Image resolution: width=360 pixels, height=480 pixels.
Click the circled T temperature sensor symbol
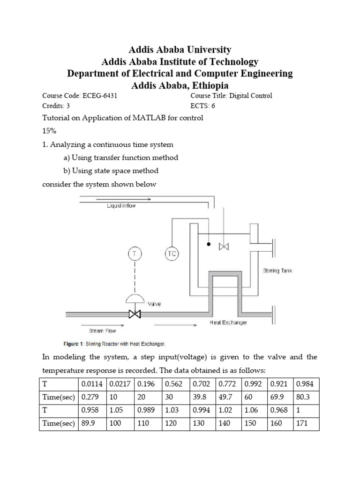pos(135,254)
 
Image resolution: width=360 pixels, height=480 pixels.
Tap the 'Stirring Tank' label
pos(278,271)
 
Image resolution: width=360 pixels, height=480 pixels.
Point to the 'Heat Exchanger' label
pos(228,323)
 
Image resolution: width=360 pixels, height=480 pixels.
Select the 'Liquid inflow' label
pos(121,206)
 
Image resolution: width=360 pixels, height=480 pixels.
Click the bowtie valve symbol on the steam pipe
pos(135,314)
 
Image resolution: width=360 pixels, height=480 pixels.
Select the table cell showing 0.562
pos(174,384)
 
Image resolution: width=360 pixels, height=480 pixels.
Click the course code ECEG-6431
pos(99,96)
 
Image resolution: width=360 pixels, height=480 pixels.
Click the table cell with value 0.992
pos(254,384)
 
